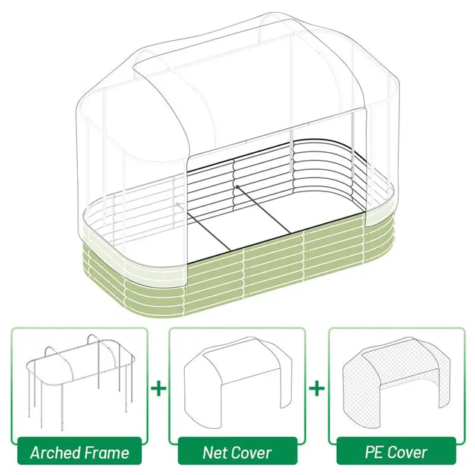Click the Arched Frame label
(79, 452)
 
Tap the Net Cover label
(237, 452)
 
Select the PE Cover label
(396, 452)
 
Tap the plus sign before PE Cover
(317, 387)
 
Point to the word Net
(214, 452)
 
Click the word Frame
(105, 452)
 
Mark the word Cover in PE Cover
(407, 452)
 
